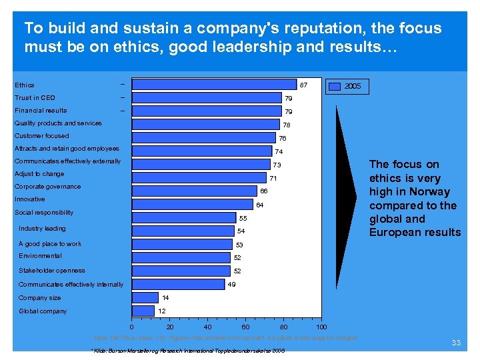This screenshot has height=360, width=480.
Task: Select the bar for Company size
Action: pos(145,297)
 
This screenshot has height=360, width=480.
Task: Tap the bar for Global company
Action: pos(143,311)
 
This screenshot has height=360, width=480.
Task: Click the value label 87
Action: pos(303,85)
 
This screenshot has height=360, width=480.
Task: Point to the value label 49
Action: pos(231,285)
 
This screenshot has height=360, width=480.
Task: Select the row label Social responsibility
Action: pos(44,213)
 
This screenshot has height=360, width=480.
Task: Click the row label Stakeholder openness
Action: pos(52,271)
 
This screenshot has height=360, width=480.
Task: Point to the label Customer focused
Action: pos(41,136)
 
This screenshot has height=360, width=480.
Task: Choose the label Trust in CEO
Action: pos(35,98)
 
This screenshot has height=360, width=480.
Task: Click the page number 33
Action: pos(456,343)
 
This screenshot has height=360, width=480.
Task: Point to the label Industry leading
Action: pos(42,229)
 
